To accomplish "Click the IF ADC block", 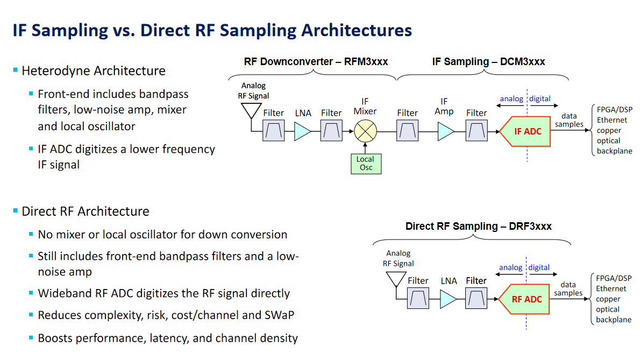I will coord(525,131).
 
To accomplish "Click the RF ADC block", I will coord(524,299).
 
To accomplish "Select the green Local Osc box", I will coord(365,164).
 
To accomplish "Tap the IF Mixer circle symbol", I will coord(366,131).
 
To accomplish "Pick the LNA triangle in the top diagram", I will coord(303,131).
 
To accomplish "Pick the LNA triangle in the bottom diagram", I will coord(448,299).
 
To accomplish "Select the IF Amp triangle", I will coord(445,131).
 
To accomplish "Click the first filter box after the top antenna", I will coord(274,131).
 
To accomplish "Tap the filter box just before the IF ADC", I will coord(477,131).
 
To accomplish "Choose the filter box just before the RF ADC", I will coord(476,299).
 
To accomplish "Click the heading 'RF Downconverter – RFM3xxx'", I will coord(316,62).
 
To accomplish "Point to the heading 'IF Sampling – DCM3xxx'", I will coord(488,62).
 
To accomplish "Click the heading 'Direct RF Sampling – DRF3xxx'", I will coord(478,227).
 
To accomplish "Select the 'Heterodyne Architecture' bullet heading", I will coord(94,71).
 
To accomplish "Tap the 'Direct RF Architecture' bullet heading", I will coord(86,211).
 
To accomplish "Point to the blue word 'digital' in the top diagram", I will coord(539,99).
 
